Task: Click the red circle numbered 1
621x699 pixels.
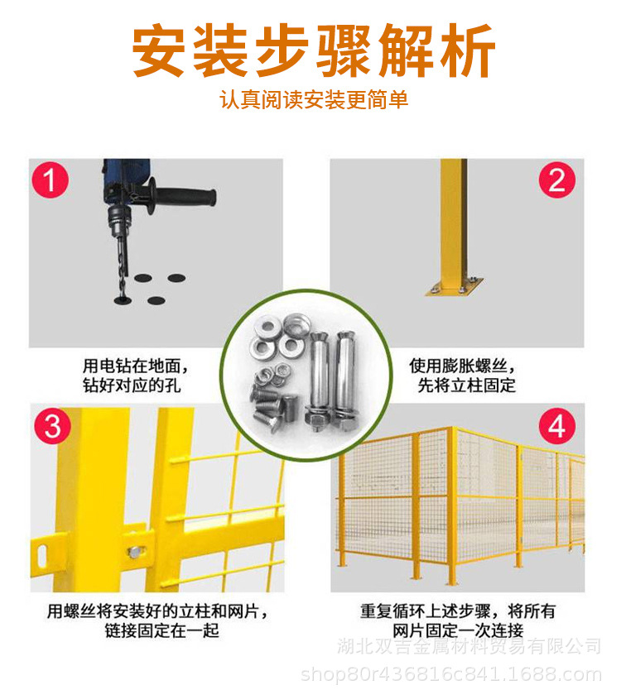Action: click(x=50, y=180)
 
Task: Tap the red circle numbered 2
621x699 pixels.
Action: click(x=557, y=180)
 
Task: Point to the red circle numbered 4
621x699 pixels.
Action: click(x=557, y=425)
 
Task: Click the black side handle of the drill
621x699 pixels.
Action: click(x=183, y=197)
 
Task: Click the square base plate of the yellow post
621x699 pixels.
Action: click(x=454, y=286)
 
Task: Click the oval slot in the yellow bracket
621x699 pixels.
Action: click(x=41, y=555)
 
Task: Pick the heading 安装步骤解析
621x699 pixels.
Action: click(x=314, y=50)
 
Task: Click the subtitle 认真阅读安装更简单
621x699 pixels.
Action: click(x=314, y=99)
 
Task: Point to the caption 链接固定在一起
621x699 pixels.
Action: click(x=162, y=630)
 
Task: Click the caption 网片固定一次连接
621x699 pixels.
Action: click(x=458, y=630)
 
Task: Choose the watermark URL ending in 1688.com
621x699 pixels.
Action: click(x=451, y=674)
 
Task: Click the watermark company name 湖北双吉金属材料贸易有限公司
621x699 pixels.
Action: click(x=469, y=646)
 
